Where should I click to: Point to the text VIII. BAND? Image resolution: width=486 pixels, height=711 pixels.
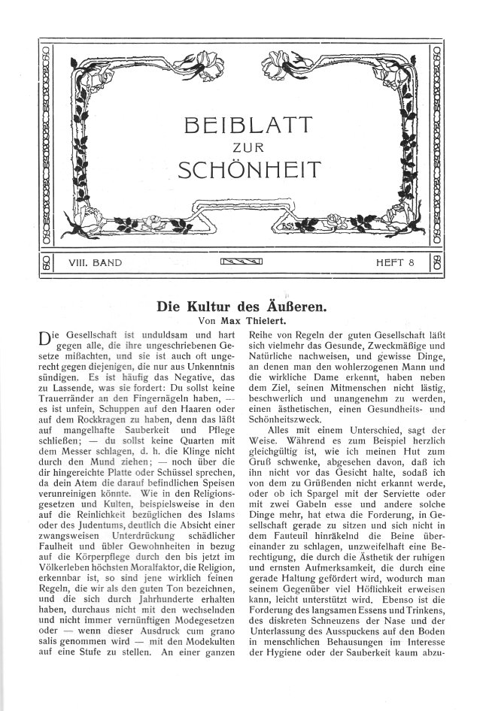96,263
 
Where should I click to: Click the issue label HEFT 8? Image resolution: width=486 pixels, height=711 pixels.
396,263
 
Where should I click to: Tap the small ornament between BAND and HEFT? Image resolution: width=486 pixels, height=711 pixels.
242,263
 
